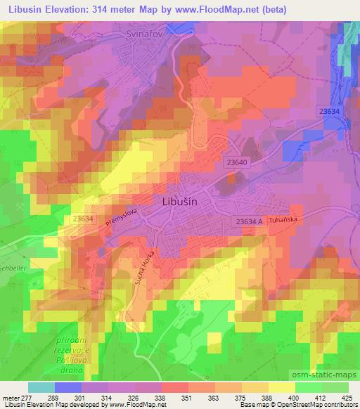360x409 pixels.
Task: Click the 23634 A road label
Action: [250, 221]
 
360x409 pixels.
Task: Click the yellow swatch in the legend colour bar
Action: [281, 387]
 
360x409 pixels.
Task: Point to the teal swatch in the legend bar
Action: [41, 387]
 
